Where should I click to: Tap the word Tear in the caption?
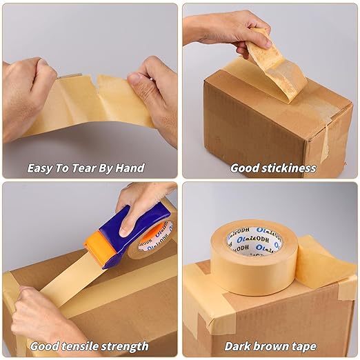(x=83, y=168)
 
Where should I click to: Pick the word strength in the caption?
(x=124, y=346)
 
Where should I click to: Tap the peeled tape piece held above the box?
(x=276, y=66)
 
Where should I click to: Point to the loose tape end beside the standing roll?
(x=321, y=262)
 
